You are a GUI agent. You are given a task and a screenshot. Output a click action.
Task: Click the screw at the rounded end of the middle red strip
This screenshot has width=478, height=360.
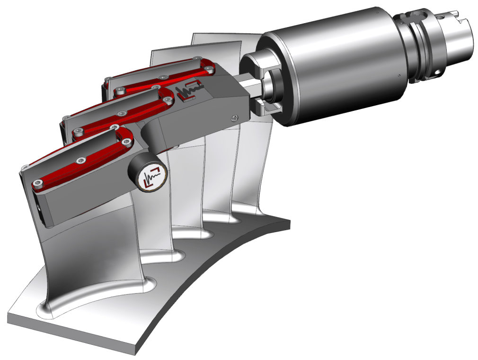167,99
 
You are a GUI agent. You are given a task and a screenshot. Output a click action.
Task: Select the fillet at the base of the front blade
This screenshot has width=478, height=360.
95,303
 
